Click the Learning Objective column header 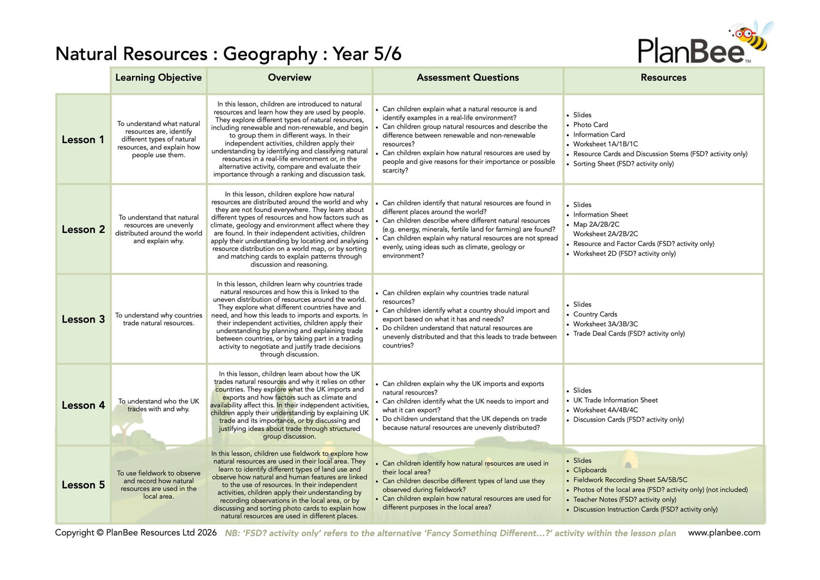(159, 78)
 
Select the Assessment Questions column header (467, 78)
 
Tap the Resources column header (663, 78)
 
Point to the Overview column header (289, 78)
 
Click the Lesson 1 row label (83, 139)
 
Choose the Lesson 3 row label (83, 319)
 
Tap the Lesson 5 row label (83, 485)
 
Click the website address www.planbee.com (724, 532)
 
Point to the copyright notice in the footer (136, 532)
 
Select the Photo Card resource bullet (590, 125)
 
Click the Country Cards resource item (595, 314)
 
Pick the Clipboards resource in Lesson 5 (590, 470)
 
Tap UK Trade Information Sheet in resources (615, 400)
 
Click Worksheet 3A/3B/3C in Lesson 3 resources (605, 324)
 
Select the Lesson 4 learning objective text (159, 405)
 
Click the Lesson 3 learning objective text (159, 319)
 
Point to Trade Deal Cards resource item (629, 333)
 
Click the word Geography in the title (270, 54)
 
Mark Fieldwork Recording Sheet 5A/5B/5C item (630, 480)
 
